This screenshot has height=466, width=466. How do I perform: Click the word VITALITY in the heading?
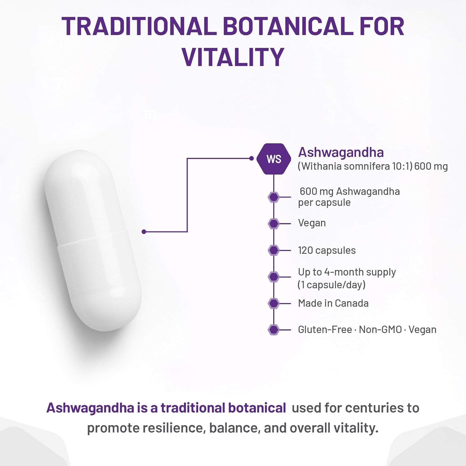point(233,57)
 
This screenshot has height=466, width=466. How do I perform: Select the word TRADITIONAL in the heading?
point(139,26)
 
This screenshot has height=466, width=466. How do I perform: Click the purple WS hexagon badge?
point(274,159)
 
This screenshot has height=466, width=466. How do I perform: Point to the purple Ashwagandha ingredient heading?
point(341,152)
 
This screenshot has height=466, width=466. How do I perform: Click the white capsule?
point(93,241)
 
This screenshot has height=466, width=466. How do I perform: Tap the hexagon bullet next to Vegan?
point(274,223)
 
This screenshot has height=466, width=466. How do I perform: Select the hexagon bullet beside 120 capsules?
point(274,250)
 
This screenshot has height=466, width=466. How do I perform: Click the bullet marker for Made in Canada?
point(274,303)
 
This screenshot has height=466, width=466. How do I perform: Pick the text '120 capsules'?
point(327,250)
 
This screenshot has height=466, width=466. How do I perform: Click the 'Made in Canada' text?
point(333,303)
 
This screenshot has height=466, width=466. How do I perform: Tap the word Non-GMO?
point(380,330)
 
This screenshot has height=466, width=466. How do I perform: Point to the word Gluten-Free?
point(325,330)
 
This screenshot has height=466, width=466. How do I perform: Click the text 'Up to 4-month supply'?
point(347,272)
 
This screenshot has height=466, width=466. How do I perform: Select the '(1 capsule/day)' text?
point(331,285)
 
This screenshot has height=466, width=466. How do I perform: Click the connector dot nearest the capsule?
point(144,232)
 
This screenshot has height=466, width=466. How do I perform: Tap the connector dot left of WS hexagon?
point(251,158)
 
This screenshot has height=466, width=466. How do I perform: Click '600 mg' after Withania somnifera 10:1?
point(431,166)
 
